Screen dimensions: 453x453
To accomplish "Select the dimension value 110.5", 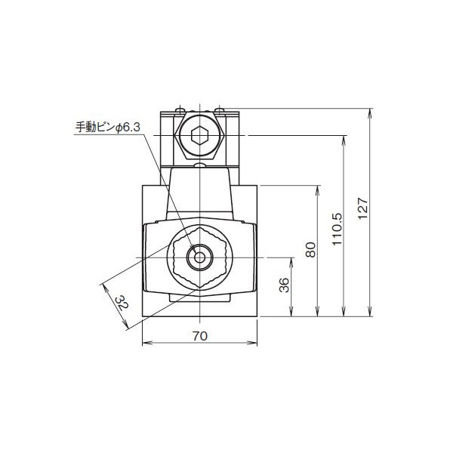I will point(337,227).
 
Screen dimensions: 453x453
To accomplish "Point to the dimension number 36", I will point(285,286).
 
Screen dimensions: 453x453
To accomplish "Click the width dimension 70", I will point(199,336).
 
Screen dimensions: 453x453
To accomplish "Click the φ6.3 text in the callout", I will point(129,129).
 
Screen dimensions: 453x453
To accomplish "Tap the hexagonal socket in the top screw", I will point(199,137).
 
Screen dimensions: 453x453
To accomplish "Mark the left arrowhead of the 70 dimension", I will point(146,344).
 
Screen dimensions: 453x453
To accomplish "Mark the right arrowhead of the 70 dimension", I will point(254,344).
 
